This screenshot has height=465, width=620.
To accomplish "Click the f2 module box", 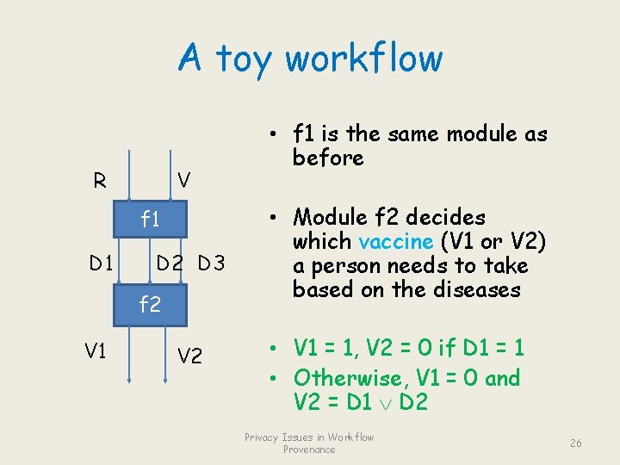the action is coord(151,304).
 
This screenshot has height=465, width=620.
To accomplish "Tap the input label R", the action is coord(101,181).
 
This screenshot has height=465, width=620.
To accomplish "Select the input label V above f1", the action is coord(183,179).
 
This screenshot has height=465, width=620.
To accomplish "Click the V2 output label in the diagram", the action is coord(189,354).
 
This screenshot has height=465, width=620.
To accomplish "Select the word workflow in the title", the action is coord(363,59).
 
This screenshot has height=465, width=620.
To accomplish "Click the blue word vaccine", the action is coord(393,242).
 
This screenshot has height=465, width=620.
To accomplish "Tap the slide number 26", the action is coord(576,443).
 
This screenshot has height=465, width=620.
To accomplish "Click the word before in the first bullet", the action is coord(327,158).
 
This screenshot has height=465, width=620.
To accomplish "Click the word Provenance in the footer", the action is coord(309,449).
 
